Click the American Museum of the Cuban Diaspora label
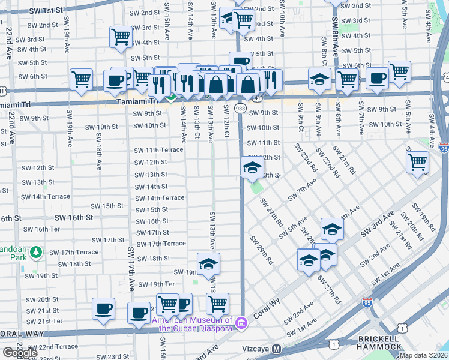tap(194, 324)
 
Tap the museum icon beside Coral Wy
tap(241, 322)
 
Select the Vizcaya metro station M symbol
tap(277, 349)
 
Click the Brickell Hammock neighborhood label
tap(379, 343)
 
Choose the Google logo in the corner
tap(20, 353)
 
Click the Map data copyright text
tap(424, 355)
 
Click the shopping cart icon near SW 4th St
tap(121, 37)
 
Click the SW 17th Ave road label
tap(131, 266)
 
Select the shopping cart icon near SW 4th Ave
tap(417, 161)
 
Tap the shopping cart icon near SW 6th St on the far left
tap(80, 79)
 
